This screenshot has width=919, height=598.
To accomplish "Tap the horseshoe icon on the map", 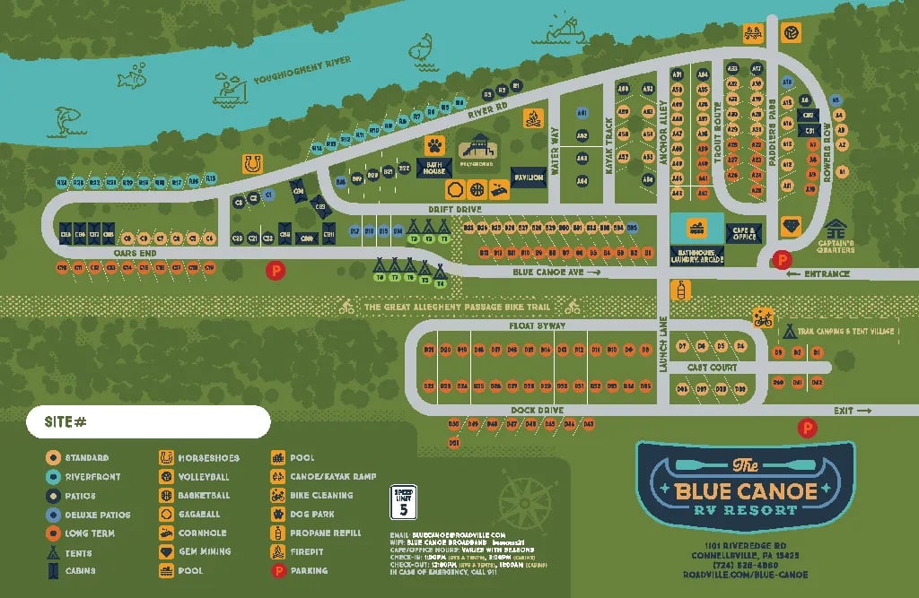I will [252, 164].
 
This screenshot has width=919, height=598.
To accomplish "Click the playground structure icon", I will [477, 148].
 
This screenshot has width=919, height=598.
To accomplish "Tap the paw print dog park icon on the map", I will [435, 144].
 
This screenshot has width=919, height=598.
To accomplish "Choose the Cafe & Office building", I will [742, 233].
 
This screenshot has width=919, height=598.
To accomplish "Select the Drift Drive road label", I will [455, 209].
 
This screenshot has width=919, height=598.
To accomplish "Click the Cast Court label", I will [711, 368].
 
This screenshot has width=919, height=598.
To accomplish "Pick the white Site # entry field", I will [148, 420].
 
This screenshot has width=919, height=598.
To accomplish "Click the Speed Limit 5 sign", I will [404, 502].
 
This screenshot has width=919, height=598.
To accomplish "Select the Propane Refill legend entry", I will [320, 533].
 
